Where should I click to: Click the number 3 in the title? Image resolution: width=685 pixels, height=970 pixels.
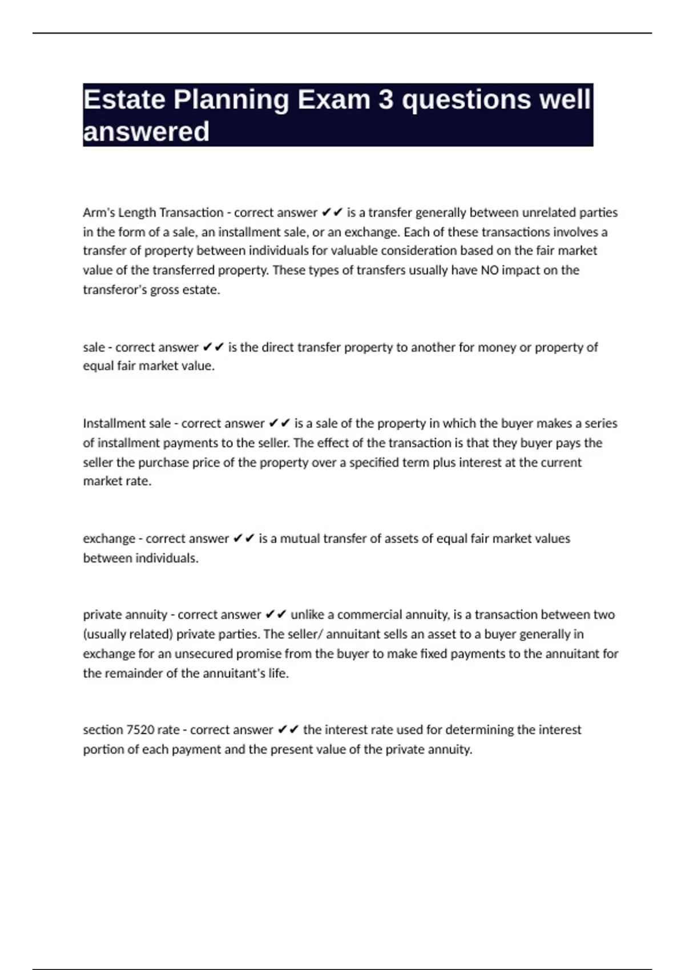(x=386, y=100)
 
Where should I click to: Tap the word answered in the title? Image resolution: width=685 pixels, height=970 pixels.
(x=146, y=132)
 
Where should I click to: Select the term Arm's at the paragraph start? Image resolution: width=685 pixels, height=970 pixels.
(x=99, y=212)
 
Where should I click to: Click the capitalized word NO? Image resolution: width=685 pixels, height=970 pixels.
(x=490, y=270)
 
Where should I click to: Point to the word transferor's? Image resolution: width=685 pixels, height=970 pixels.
(x=115, y=289)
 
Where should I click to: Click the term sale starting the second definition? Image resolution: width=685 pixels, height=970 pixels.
(x=94, y=347)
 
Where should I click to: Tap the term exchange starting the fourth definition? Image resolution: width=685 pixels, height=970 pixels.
(x=109, y=539)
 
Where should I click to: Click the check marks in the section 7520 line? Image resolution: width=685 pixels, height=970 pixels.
(x=288, y=730)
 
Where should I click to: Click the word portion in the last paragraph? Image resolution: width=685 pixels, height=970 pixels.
(x=101, y=749)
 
